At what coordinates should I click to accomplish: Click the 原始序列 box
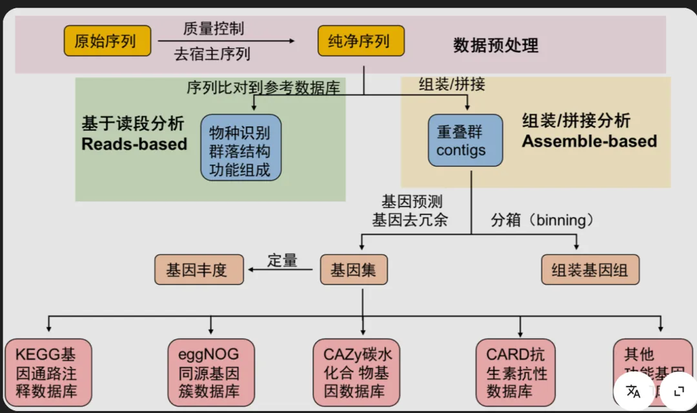[107, 41]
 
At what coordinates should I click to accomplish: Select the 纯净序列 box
[361, 41]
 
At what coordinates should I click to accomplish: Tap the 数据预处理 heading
[496, 45]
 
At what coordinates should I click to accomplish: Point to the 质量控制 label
[214, 28]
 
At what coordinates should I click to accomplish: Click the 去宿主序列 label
[212, 54]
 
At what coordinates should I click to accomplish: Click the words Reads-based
[134, 144]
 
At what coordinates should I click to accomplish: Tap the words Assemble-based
[589, 141]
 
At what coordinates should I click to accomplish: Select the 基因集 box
[354, 270]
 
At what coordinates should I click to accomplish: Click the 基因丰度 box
[199, 270]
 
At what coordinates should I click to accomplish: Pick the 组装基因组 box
[590, 270]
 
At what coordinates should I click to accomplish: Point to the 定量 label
[283, 260]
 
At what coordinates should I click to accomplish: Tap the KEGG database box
[48, 373]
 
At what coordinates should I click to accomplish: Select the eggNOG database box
[209, 373]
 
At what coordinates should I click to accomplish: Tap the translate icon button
[633, 391]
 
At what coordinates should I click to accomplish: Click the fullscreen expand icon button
[678, 391]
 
